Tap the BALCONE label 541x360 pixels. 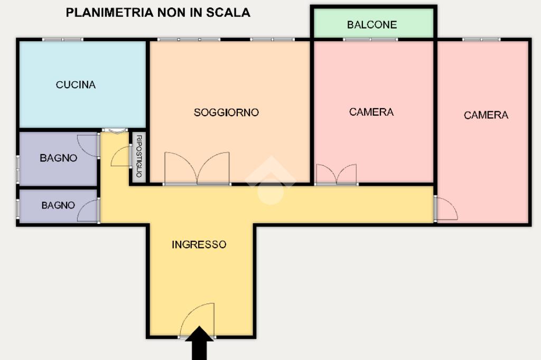point(372,25)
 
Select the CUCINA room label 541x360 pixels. point(76,84)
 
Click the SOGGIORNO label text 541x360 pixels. point(226,112)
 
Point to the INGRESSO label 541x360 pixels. point(199,244)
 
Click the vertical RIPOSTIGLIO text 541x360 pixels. point(139,156)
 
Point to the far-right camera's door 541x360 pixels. point(445,209)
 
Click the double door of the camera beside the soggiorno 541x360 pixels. point(337,174)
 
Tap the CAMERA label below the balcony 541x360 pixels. point(371,112)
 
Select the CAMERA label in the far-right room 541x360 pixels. point(486,115)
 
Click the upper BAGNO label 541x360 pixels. point(59,158)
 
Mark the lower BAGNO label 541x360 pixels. point(58,205)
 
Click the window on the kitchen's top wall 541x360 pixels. point(62,40)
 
